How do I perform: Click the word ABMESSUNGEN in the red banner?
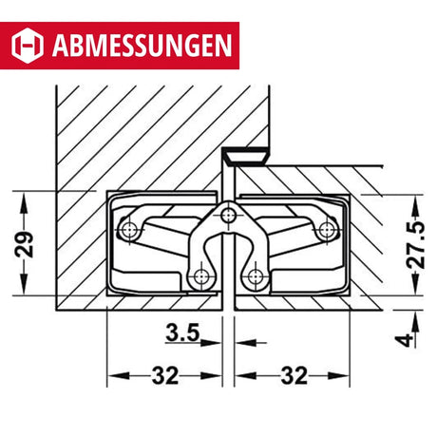point(142,46)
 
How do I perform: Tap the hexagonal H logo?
point(28,46)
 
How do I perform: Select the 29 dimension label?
point(24,244)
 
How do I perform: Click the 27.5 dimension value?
point(416,245)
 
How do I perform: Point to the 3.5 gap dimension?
point(182,332)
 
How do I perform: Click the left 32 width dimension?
point(164,375)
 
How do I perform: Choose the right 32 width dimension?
point(294,375)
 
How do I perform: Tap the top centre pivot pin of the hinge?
point(228,216)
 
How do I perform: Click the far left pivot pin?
point(129,228)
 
